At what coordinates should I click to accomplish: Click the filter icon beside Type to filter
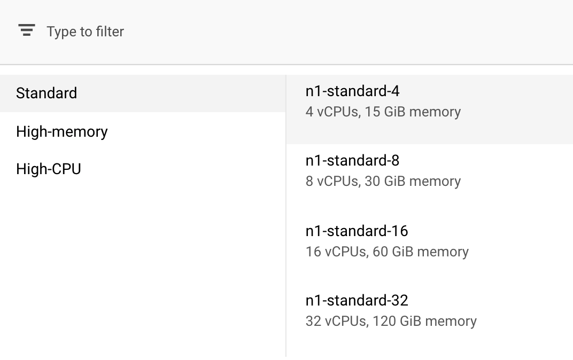(x=26, y=30)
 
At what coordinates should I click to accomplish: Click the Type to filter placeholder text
(x=85, y=32)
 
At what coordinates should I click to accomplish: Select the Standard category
(x=47, y=93)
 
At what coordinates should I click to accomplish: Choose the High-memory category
(x=62, y=131)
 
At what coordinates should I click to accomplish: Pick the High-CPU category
(x=49, y=169)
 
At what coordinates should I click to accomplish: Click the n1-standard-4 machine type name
(x=352, y=91)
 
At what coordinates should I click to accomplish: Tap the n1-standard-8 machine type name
(x=352, y=161)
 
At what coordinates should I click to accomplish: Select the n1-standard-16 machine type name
(x=357, y=231)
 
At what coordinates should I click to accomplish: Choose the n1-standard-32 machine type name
(x=357, y=300)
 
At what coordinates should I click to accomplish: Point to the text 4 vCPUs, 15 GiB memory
(x=383, y=112)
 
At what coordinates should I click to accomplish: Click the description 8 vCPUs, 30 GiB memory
(x=383, y=181)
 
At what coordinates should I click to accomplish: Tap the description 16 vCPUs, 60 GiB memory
(x=387, y=252)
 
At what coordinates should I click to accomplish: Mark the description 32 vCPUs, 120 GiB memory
(x=391, y=321)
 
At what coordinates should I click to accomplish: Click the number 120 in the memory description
(x=384, y=321)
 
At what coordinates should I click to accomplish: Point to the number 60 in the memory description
(x=380, y=252)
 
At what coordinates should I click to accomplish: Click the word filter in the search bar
(x=110, y=32)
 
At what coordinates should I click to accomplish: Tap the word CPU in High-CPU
(x=66, y=169)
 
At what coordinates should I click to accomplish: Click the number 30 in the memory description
(x=372, y=181)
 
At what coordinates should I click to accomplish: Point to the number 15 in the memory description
(x=372, y=112)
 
